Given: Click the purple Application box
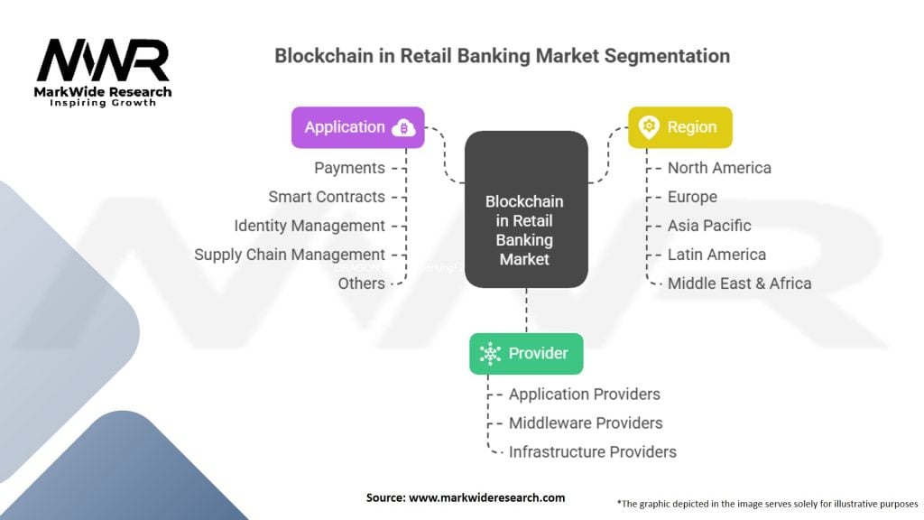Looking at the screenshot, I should [x=357, y=127].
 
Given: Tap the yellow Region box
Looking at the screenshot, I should [x=679, y=127].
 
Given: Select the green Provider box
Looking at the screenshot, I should [x=526, y=353].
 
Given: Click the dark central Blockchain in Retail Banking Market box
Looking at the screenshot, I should [x=526, y=209].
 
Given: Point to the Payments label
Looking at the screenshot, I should [x=349, y=168].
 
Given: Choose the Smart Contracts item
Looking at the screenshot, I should [x=327, y=197].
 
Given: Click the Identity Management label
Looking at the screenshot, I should [x=310, y=226].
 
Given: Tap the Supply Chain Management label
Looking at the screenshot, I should [x=290, y=255].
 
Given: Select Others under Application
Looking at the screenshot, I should [x=361, y=283].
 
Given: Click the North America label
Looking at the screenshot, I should [x=719, y=168].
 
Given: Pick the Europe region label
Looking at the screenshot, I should [x=692, y=197].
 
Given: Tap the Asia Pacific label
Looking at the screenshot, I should [x=709, y=226].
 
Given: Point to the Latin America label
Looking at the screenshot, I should [x=716, y=255].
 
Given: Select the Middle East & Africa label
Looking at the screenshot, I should [x=739, y=283].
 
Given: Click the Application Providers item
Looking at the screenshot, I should [x=584, y=395].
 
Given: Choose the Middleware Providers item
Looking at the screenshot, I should [x=586, y=423].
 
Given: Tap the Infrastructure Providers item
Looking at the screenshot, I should [x=592, y=452].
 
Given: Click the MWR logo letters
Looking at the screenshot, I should [x=102, y=60].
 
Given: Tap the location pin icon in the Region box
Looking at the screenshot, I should [x=648, y=127].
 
